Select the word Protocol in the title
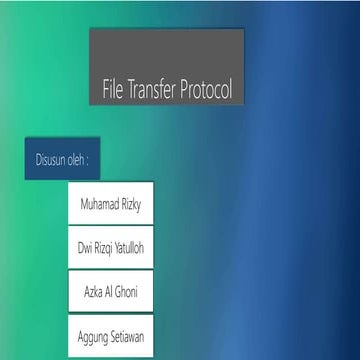[x=208, y=89]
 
